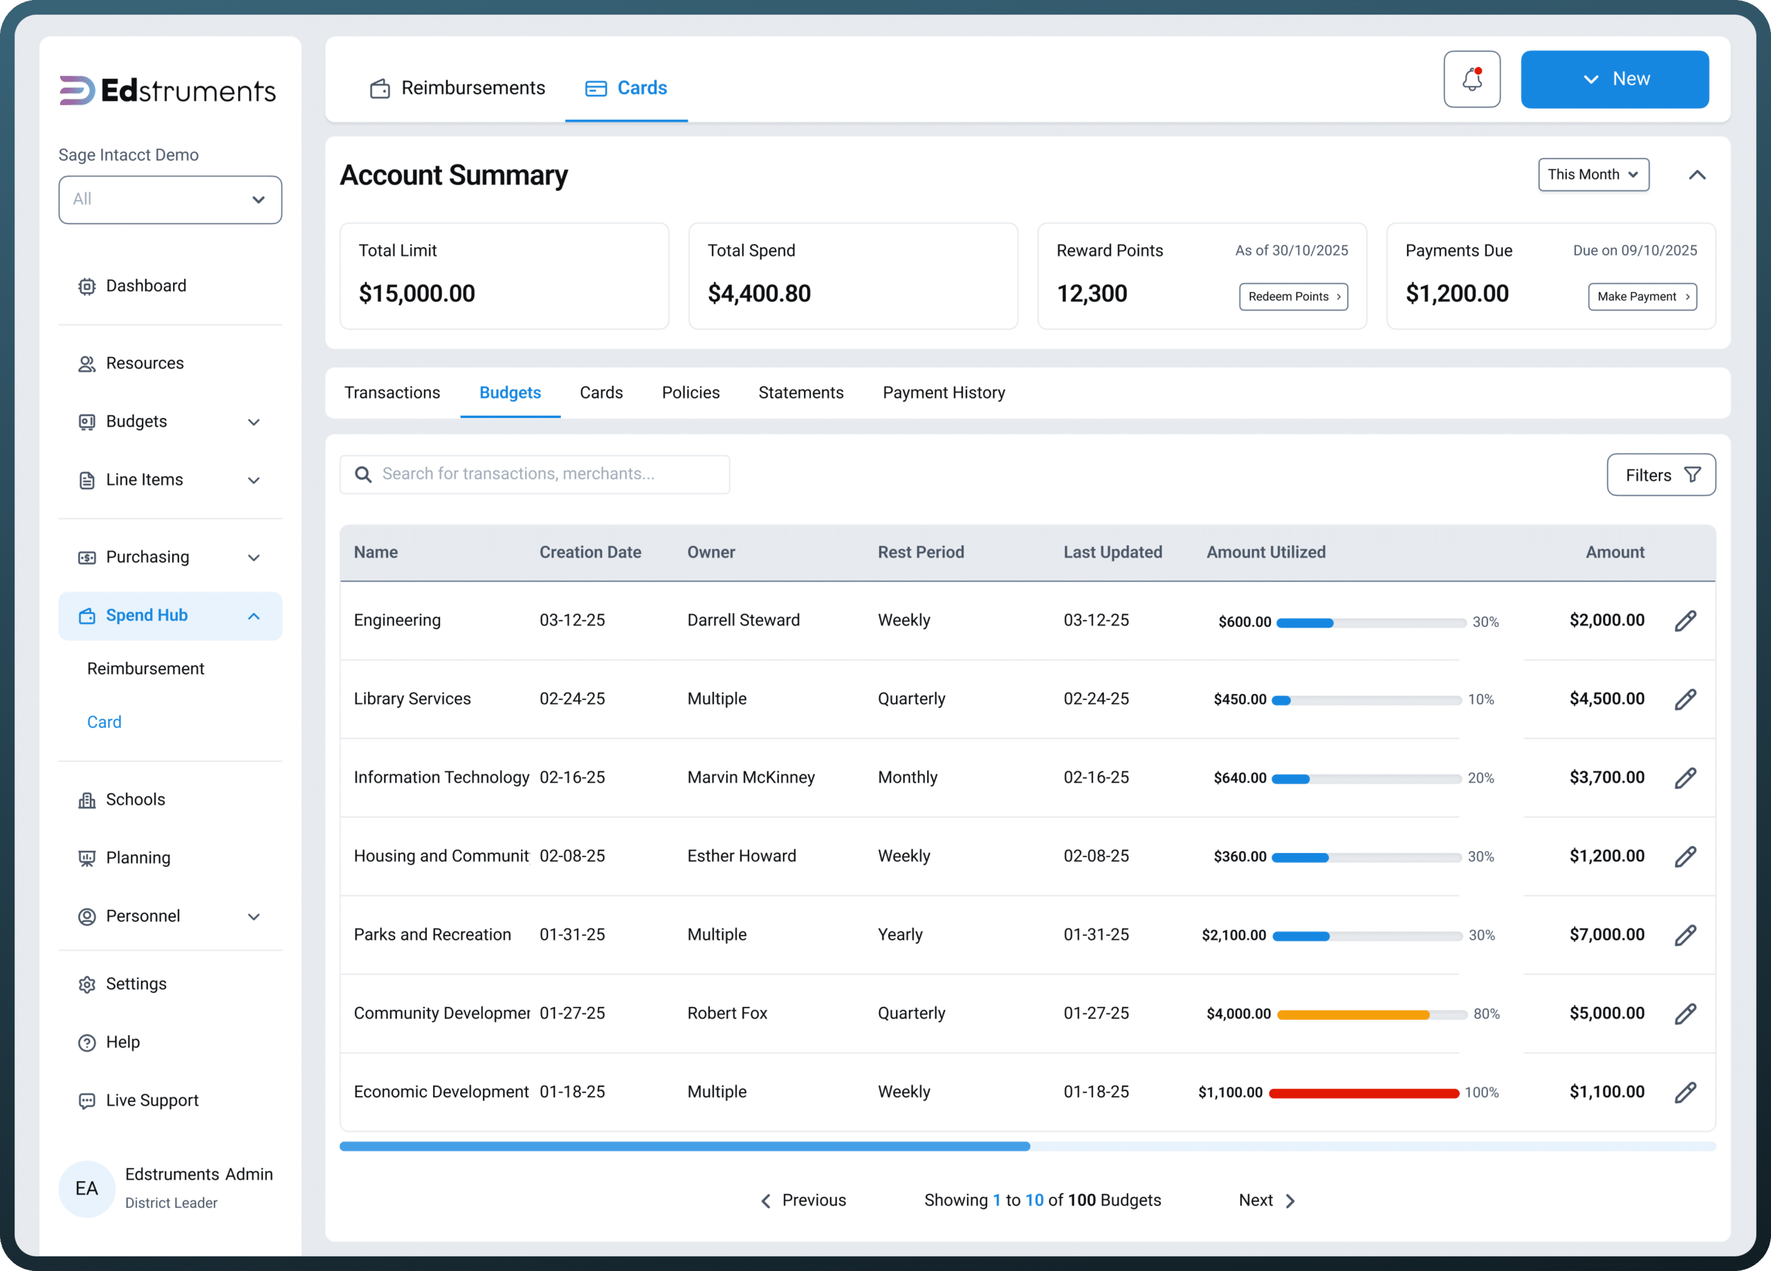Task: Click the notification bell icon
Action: click(x=1472, y=79)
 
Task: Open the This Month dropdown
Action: click(x=1593, y=174)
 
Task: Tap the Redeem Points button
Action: click(x=1293, y=297)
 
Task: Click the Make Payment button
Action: click(x=1642, y=297)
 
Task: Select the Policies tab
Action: click(x=690, y=392)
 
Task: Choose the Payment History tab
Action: click(x=944, y=392)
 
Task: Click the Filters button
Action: click(x=1661, y=475)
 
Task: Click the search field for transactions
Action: click(x=535, y=474)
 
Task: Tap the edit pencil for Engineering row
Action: click(x=1685, y=621)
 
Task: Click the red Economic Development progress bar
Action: click(x=1364, y=1093)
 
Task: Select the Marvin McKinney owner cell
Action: click(x=751, y=777)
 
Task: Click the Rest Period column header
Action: click(x=921, y=552)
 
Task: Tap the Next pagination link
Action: click(x=1267, y=1200)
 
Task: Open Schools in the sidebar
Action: click(x=135, y=799)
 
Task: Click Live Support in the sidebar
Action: click(x=152, y=1100)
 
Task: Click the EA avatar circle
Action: click(x=86, y=1188)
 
